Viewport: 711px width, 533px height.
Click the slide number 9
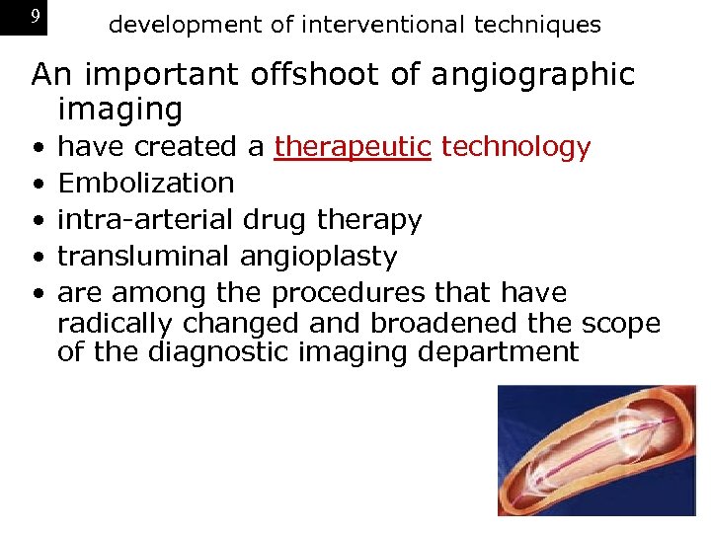coord(36,17)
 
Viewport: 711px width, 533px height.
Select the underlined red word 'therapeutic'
coord(353,147)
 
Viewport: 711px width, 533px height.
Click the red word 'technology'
coord(515,147)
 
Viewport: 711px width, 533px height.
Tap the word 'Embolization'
coord(146,184)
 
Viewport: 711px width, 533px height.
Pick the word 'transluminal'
coord(145,257)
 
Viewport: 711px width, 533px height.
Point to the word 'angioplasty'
coord(318,257)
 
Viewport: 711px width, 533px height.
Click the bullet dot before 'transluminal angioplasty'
coord(37,258)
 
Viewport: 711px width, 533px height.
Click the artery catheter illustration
coord(596,450)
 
